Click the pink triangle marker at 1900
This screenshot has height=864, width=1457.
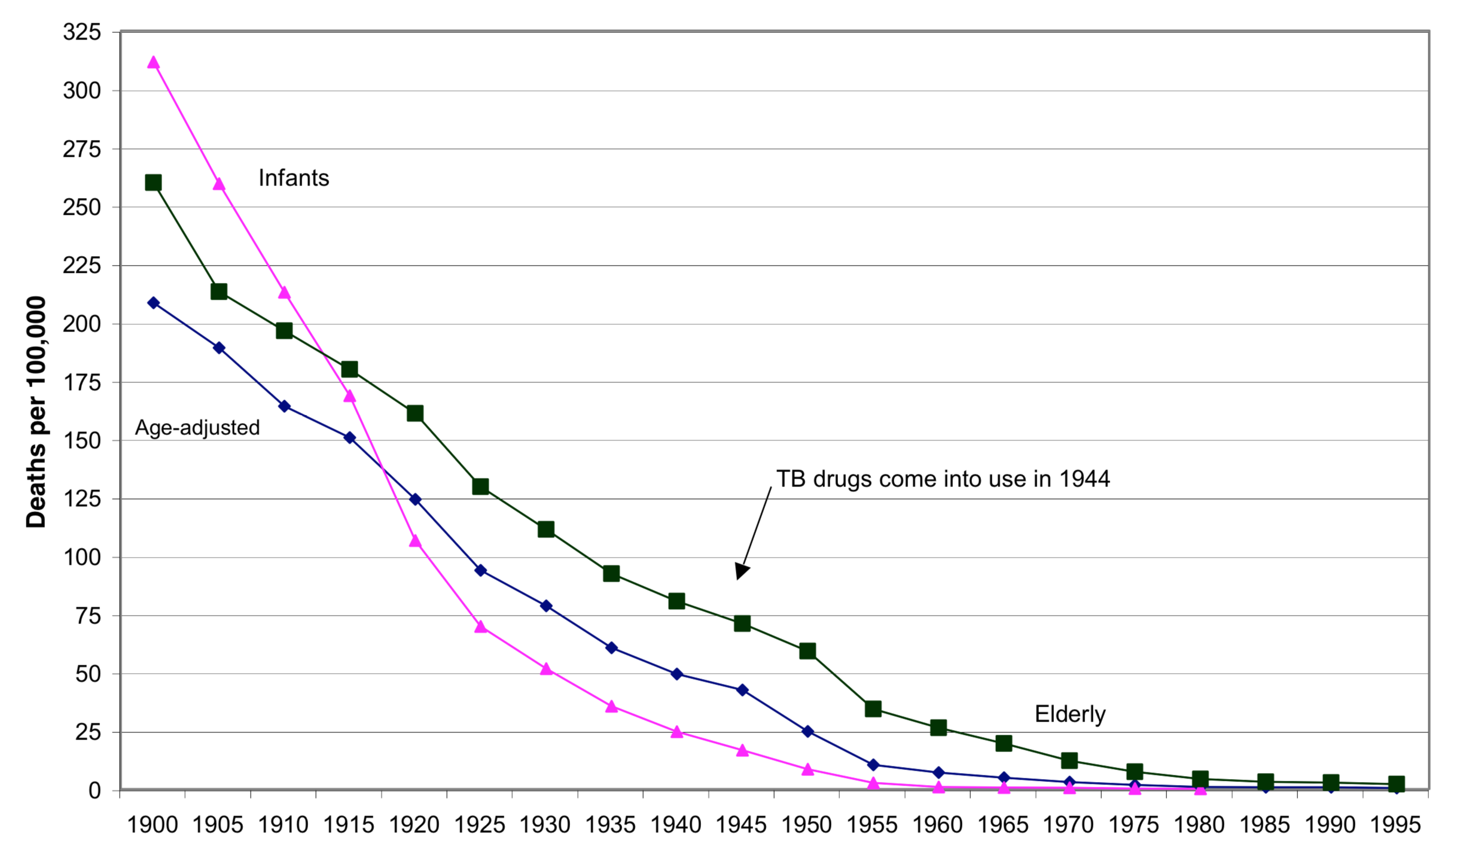[x=153, y=62]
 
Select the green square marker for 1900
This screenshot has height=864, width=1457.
[x=153, y=182]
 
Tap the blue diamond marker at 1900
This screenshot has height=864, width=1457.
[x=153, y=303]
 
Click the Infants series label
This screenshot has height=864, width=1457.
[x=294, y=178]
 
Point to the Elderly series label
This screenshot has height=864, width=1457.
[x=1070, y=714]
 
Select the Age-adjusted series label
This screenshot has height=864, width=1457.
[x=197, y=428]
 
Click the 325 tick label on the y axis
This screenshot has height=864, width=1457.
[x=82, y=32]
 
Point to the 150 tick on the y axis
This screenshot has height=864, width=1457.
[x=82, y=440]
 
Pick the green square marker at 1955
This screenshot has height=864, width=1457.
[x=873, y=709]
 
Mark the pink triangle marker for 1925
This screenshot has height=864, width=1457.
[x=480, y=626]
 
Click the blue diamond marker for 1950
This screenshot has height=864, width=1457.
[x=807, y=731]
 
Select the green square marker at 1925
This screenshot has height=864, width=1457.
[x=480, y=486]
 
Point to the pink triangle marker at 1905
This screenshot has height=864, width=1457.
[x=219, y=184]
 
